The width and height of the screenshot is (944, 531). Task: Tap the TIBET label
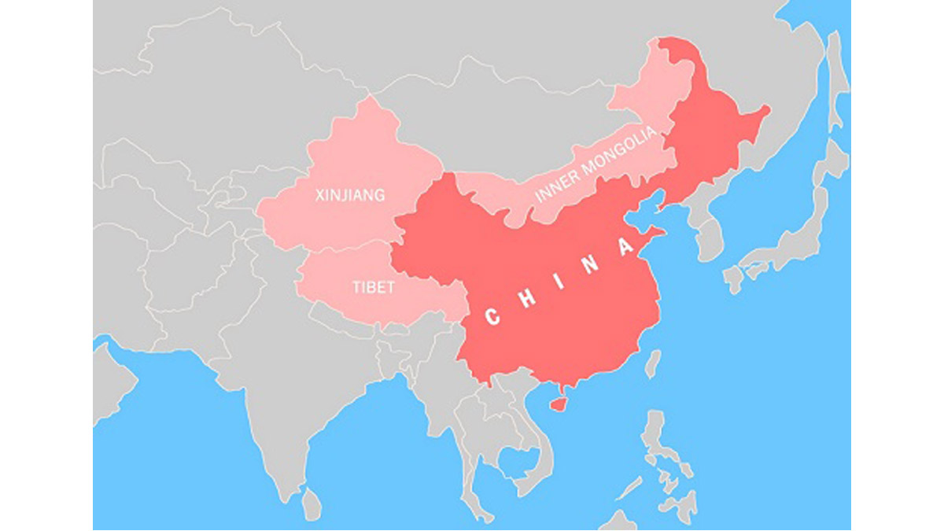pos(374,288)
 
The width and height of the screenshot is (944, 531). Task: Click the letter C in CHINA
pos(492,317)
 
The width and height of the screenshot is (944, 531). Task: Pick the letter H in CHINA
pos(528,300)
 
